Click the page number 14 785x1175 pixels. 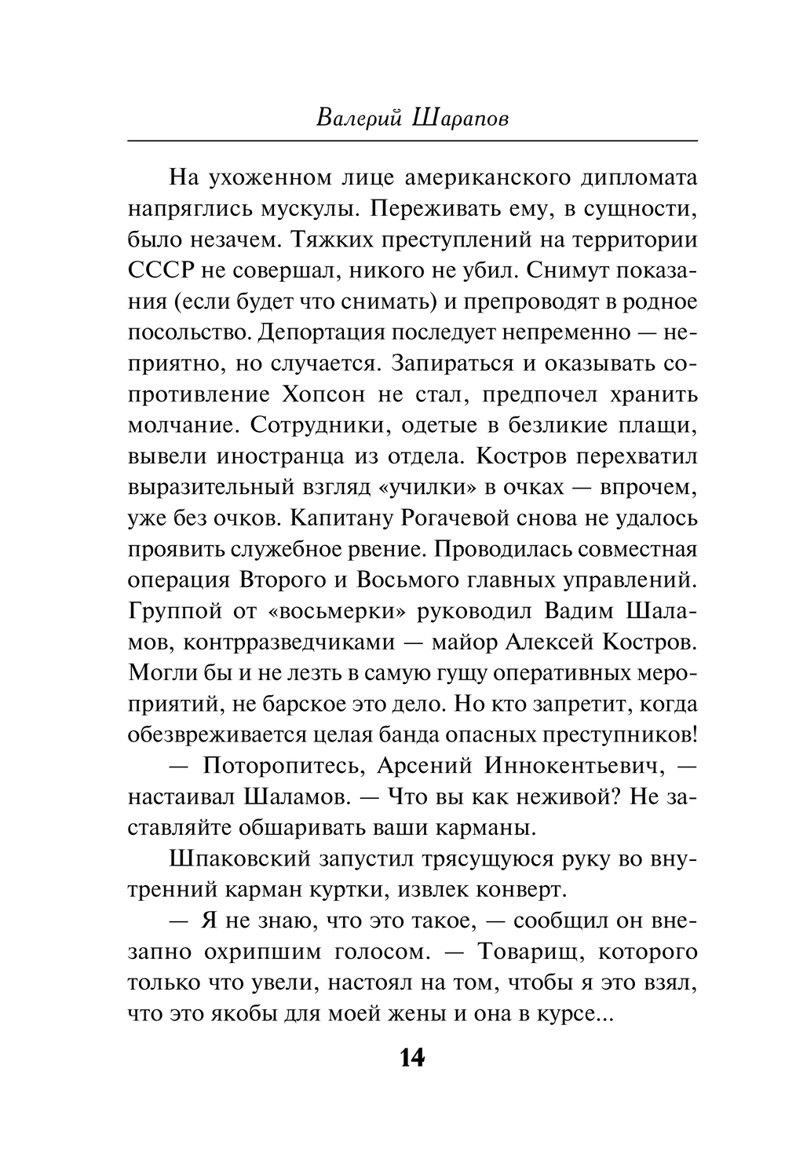(x=411, y=1057)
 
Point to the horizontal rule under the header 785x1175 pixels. (x=411, y=140)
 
